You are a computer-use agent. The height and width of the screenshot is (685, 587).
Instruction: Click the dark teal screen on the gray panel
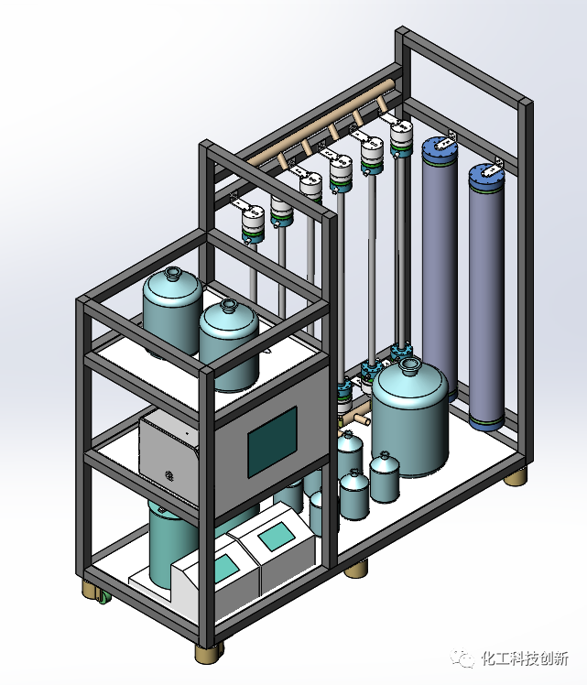coord(273,441)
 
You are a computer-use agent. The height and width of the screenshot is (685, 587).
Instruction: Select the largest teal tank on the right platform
coord(409,419)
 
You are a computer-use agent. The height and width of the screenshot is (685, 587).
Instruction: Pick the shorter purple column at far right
coord(487,297)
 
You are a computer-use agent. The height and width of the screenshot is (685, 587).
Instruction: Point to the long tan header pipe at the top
coord(321,124)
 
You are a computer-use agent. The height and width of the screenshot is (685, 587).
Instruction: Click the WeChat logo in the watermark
coord(463,658)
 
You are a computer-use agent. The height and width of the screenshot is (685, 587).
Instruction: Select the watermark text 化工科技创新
coord(525,658)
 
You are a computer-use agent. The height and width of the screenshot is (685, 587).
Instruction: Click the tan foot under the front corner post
coord(208,653)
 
